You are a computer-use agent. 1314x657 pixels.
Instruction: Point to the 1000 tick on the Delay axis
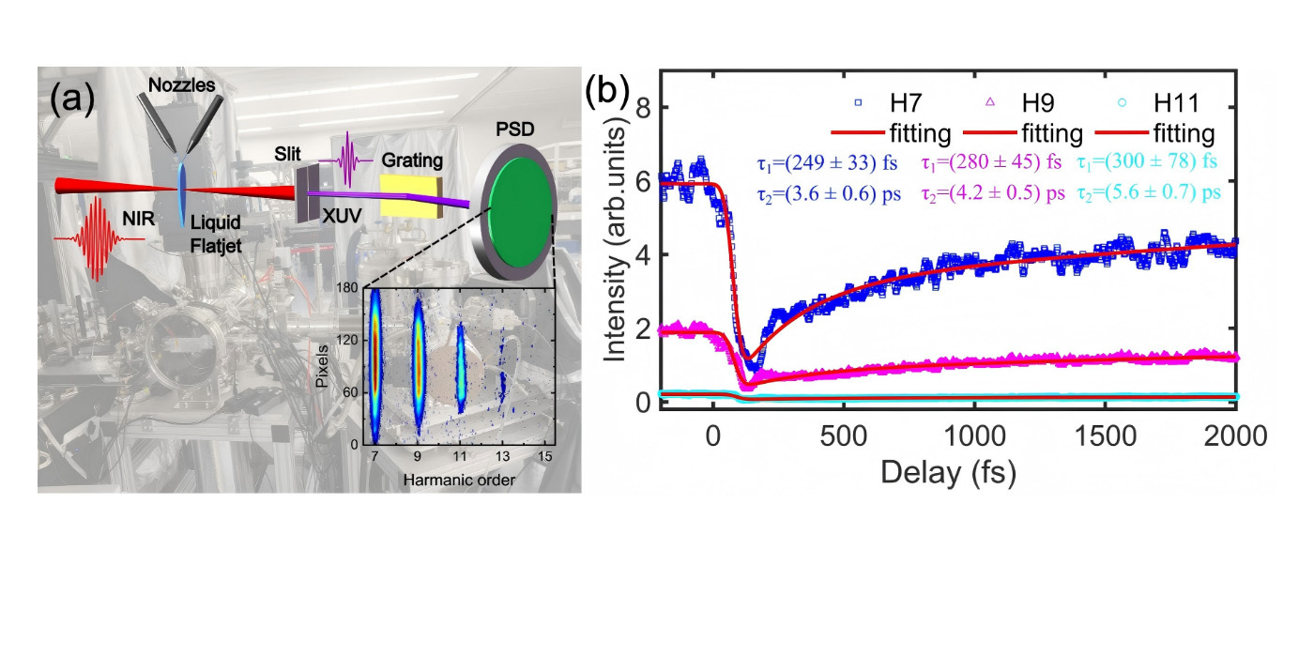point(974,437)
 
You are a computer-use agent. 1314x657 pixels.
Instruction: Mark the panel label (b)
point(607,91)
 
